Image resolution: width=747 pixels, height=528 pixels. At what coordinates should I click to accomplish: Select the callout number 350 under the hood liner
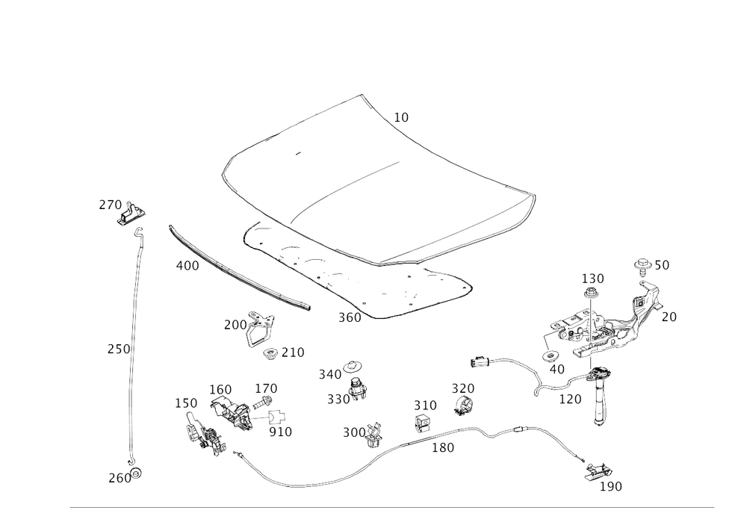(348, 317)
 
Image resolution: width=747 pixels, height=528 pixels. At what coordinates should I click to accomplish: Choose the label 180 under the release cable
(443, 448)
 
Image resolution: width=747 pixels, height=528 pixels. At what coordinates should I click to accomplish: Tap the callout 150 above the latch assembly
(593, 278)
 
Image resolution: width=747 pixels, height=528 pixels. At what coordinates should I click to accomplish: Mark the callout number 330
(463, 387)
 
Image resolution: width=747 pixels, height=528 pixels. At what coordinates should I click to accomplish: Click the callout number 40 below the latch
(557, 368)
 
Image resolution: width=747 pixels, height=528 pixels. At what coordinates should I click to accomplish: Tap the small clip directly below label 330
(463, 406)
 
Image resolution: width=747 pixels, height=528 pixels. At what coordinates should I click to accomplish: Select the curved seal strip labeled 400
(239, 269)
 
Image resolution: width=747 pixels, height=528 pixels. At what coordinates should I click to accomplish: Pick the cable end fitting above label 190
(597, 470)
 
